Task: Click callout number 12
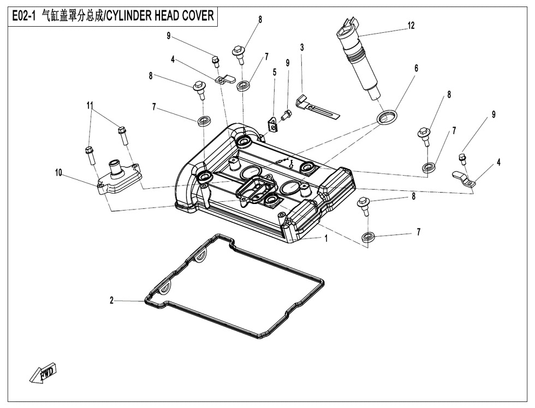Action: (411, 25)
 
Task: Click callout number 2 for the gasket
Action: (111, 300)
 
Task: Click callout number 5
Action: (275, 71)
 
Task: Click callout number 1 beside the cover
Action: (326, 238)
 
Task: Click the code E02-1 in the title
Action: (23, 15)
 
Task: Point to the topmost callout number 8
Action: (260, 19)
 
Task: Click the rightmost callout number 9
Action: (494, 115)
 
